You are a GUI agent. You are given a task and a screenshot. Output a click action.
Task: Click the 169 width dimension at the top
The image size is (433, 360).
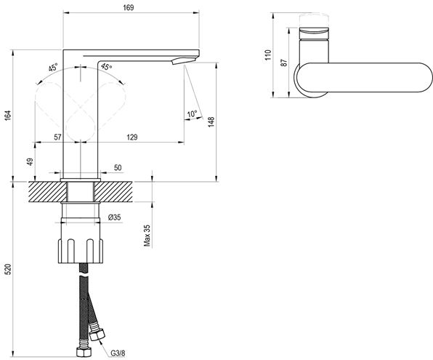click(x=129, y=7)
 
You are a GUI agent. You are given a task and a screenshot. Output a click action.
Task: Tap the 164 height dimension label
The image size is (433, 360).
click(x=8, y=116)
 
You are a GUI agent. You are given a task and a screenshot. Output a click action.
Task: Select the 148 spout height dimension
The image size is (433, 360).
click(x=211, y=122)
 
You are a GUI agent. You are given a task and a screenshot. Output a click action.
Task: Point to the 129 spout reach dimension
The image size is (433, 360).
click(x=132, y=137)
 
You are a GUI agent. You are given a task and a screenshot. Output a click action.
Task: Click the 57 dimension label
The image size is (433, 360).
click(x=57, y=137)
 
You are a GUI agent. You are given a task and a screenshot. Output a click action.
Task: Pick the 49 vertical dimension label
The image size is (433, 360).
click(x=30, y=161)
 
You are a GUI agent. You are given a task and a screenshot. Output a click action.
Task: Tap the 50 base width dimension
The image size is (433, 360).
click(x=118, y=167)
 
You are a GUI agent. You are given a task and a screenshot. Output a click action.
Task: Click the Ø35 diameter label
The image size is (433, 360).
click(x=114, y=217)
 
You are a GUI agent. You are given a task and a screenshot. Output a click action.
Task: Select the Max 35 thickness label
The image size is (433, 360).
click(x=147, y=236)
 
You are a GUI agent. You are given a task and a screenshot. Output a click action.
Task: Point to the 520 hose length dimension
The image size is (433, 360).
click(x=8, y=269)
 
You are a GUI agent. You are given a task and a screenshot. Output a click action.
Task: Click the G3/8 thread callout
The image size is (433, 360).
click(x=118, y=353)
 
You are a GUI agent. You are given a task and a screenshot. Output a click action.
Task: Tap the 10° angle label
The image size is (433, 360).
click(x=193, y=113)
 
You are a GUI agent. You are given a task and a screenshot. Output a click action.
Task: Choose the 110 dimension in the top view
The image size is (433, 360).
click(x=268, y=55)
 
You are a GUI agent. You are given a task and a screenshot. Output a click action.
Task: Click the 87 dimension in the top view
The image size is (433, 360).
click(x=284, y=63)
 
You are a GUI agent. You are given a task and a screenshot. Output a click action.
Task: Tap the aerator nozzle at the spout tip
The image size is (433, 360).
click(x=183, y=60)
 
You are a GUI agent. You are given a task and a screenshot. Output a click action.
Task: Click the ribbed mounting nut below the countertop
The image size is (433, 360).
click(x=81, y=250)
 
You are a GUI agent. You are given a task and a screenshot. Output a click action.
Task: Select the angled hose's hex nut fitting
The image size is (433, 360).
click(x=97, y=335)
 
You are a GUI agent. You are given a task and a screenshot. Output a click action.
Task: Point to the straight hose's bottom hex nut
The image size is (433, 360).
click(x=84, y=352)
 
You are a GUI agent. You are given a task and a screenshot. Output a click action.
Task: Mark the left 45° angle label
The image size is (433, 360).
click(x=53, y=68)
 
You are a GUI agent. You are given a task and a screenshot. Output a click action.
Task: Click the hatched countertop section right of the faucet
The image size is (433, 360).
click(x=113, y=191)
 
